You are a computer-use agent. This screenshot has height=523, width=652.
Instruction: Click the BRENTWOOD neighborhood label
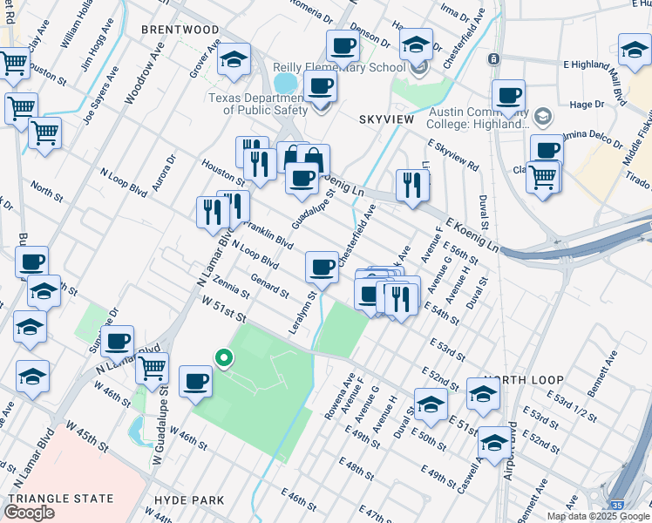point(180,30)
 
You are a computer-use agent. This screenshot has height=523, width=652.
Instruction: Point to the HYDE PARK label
point(189,500)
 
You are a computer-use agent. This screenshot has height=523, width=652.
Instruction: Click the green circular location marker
point(223,357)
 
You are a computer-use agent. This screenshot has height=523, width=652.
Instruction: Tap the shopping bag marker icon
point(313,160)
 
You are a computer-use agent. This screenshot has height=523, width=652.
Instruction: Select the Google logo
point(29,512)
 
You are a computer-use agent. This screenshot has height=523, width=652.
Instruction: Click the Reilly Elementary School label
point(339,68)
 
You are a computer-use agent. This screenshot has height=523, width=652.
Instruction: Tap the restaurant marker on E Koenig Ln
point(411,185)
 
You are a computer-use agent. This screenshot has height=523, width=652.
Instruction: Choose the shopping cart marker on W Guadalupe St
point(152,368)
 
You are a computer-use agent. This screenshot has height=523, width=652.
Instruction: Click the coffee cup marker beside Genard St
point(322,266)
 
